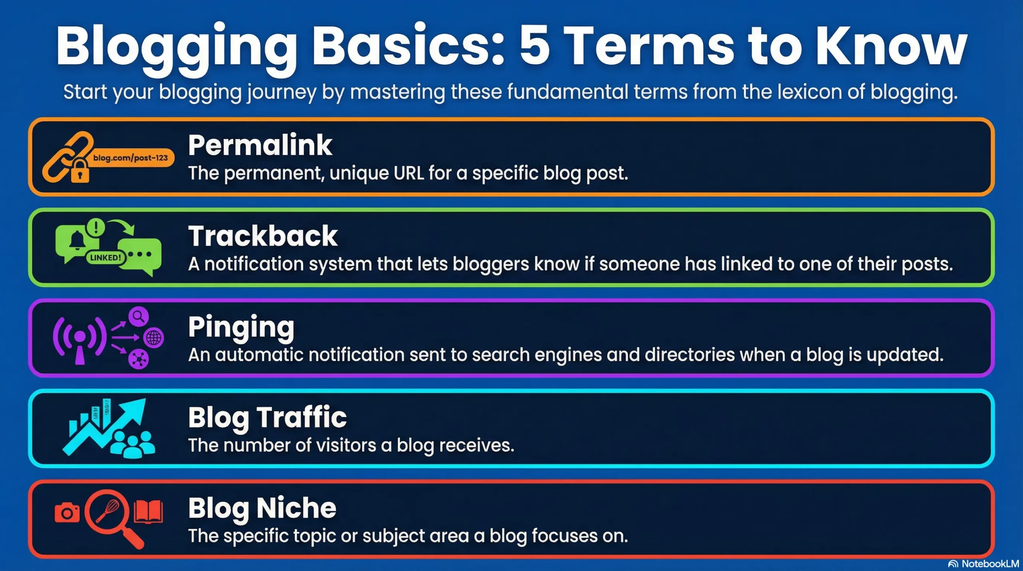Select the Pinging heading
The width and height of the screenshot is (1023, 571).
pyautogui.click(x=241, y=328)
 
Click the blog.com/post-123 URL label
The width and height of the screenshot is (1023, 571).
pyautogui.click(x=130, y=158)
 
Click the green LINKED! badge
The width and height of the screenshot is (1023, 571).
pyautogui.click(x=105, y=257)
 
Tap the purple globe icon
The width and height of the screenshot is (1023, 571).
pyautogui.click(x=154, y=338)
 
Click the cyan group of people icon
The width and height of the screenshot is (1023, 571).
pyautogui.click(x=132, y=444)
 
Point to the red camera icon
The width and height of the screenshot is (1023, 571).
pyautogui.click(x=67, y=513)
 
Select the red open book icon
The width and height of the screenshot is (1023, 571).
pyautogui.click(x=148, y=512)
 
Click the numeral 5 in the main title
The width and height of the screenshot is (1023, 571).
pyautogui.click(x=534, y=45)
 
